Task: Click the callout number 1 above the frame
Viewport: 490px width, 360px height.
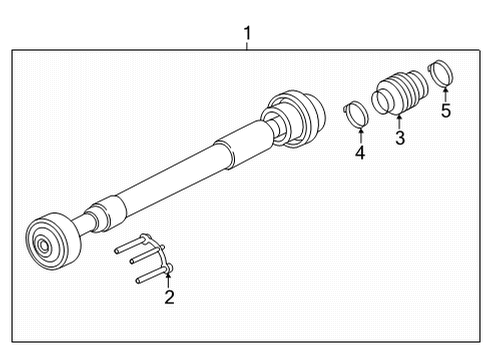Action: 247,33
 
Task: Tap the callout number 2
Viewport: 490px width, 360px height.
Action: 169,297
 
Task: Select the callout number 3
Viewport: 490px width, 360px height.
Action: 400,137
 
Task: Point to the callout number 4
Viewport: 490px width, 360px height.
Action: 360,153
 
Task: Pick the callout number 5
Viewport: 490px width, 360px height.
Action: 446,111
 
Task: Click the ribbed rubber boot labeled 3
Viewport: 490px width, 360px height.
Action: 399,93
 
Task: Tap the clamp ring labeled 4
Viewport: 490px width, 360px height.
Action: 356,114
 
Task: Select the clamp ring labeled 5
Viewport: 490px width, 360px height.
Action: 440,73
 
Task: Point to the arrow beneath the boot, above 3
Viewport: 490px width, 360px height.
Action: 399,122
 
